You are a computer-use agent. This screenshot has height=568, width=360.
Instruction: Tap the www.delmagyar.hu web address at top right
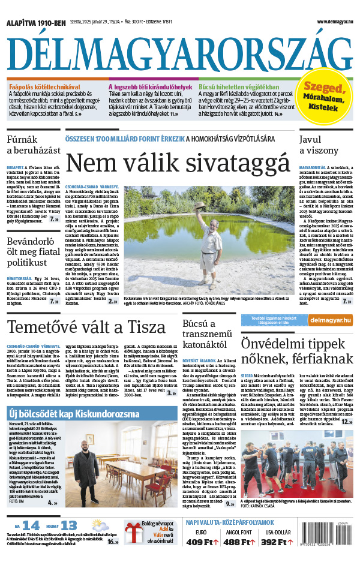click(x=327, y=22)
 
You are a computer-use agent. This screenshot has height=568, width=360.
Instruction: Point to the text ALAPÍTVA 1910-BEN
click(x=36, y=22)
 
